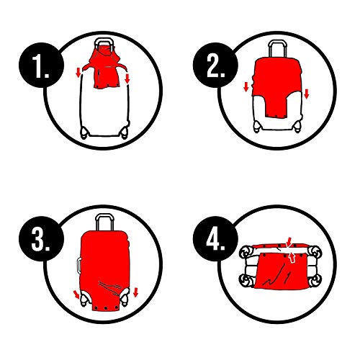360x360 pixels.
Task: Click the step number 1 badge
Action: [41, 66]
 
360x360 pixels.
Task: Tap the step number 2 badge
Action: [215, 66]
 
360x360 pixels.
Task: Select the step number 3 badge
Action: [41, 239]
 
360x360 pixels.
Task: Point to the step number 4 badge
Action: [215, 239]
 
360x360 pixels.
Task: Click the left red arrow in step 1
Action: [78, 73]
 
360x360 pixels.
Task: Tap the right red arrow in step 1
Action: [127, 78]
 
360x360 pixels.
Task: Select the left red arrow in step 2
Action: [246, 86]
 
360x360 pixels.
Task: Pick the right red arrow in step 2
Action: [306, 94]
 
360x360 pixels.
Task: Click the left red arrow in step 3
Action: [76, 294]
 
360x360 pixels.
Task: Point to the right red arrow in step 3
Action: [135, 292]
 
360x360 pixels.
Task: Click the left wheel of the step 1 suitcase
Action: [84, 132]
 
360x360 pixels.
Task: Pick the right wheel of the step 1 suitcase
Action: [125, 132]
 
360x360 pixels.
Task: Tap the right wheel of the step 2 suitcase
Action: [297, 127]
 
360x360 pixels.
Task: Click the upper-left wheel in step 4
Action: [246, 252]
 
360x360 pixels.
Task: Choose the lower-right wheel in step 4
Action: [315, 280]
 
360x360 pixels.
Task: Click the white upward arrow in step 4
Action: [292, 258]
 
